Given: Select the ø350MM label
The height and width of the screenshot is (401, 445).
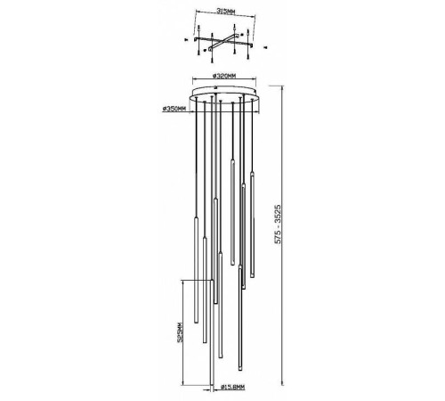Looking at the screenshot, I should [174, 109].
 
